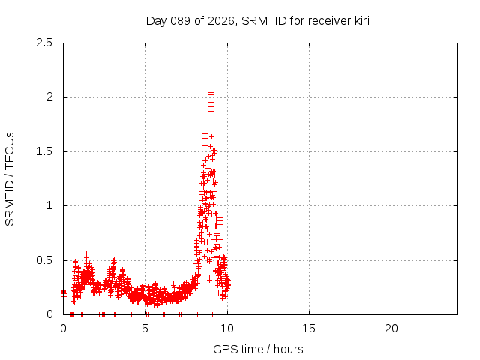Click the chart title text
257,20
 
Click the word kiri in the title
358,20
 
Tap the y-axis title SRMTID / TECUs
10,178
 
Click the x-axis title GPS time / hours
258,349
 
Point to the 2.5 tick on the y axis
46,43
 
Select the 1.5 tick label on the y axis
46,151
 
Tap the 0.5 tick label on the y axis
46,260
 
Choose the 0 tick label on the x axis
63,328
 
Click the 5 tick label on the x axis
145,328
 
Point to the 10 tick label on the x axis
227,328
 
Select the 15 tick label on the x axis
309,328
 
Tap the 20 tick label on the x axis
391,328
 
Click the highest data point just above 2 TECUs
211,94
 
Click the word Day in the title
156,20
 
